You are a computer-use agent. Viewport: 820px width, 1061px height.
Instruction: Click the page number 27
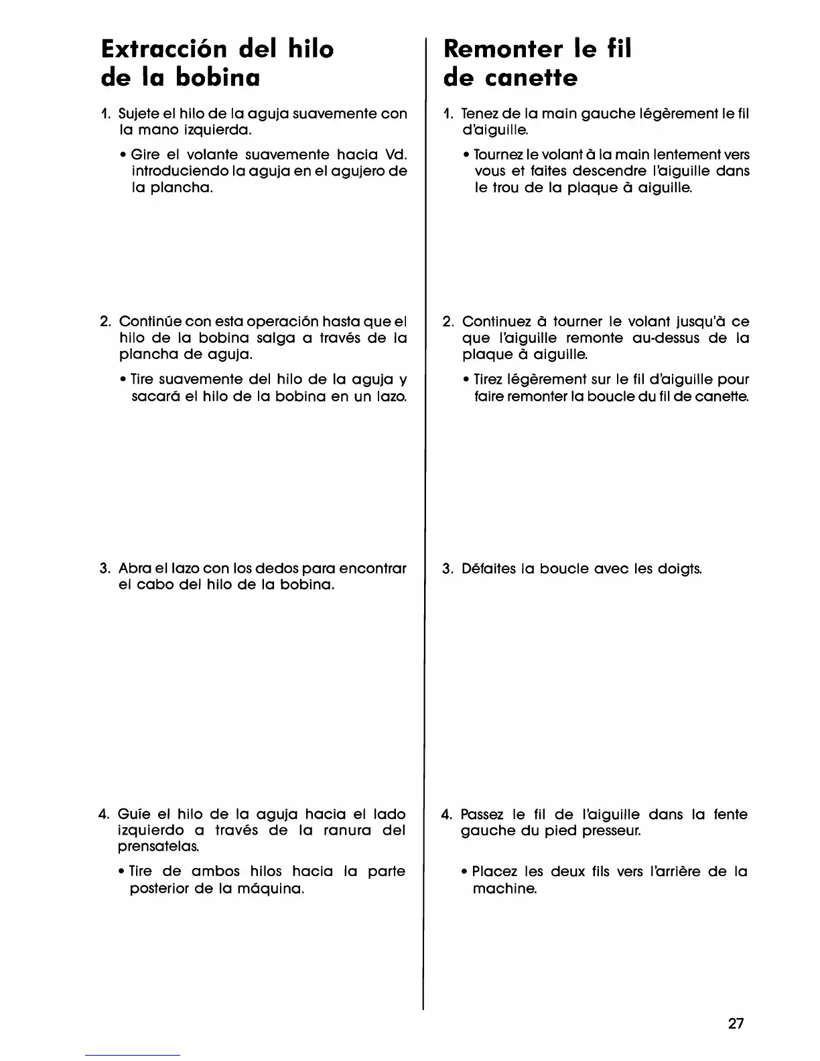pos(736,1023)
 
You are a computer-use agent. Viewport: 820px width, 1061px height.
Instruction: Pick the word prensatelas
pos(149,847)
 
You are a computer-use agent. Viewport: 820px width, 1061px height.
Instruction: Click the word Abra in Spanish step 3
pos(133,569)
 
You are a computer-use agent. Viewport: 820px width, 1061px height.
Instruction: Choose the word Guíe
pos(133,815)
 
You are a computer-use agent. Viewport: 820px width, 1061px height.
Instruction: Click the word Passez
pos(482,815)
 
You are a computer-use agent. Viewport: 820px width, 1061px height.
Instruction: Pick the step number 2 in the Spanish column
pos(105,322)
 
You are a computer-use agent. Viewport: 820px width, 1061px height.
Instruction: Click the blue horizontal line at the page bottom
pos(133,1055)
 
